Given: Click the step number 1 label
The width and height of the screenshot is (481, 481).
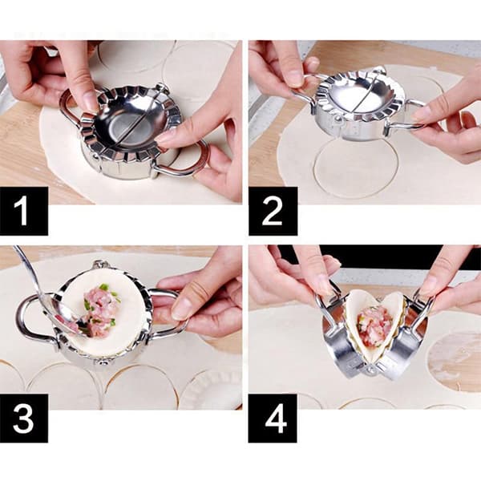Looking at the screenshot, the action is click(x=23, y=211).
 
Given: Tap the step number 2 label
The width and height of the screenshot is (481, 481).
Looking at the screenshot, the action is click(x=273, y=211).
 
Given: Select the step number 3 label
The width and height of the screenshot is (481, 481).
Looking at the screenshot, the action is click(x=23, y=418).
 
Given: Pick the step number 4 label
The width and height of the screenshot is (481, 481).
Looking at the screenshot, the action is click(x=273, y=418).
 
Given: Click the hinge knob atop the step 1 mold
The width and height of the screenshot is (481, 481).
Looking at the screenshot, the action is click(x=162, y=88).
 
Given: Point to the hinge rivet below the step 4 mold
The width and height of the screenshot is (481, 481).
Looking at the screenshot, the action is click(x=370, y=371).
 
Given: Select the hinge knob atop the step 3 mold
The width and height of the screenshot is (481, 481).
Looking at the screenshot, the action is click(x=99, y=264).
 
